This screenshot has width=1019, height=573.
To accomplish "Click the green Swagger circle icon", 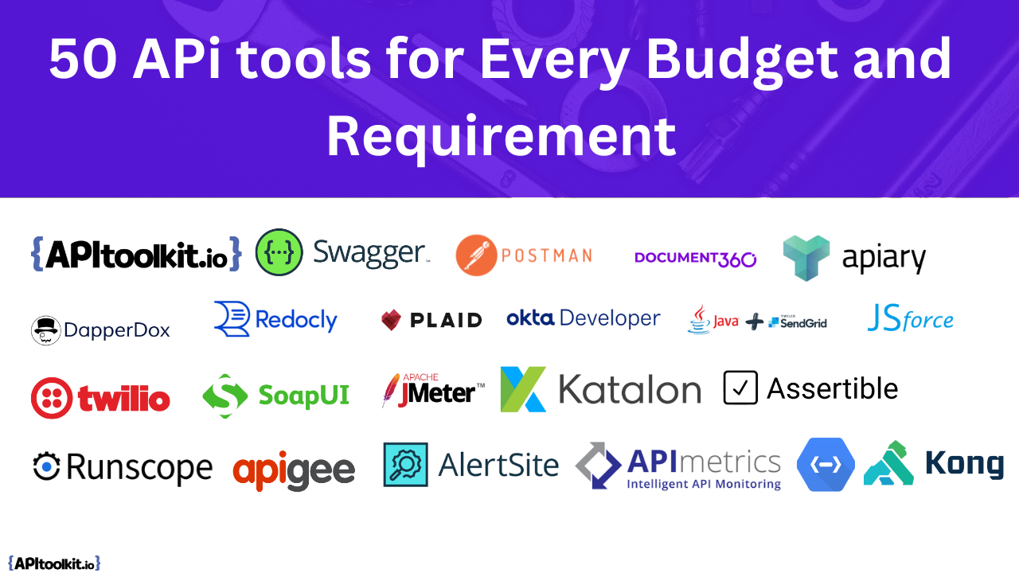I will coord(279,252).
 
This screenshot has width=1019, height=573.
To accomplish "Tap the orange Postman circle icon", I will coord(476,255).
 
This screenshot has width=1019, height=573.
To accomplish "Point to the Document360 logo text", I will coord(695,258).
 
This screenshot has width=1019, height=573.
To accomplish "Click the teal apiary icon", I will coord(806,258).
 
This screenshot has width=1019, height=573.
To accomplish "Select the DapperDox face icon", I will coord(46,329).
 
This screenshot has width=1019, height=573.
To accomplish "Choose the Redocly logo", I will coord(275,319).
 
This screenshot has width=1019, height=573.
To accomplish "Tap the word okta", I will coord(530,318).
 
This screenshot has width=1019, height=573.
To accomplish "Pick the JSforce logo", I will coord(910,319).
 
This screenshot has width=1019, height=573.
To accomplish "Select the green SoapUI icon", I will coord(224,396).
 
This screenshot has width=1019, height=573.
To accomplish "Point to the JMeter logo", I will coord(433,391).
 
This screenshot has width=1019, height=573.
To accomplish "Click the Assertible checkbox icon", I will coord(740,388).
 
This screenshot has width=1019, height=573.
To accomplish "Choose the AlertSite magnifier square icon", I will coord(405,465).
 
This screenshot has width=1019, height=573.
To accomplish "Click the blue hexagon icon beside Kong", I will coord(826,464).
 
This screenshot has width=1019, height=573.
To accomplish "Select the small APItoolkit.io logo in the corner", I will coord(54,563).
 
